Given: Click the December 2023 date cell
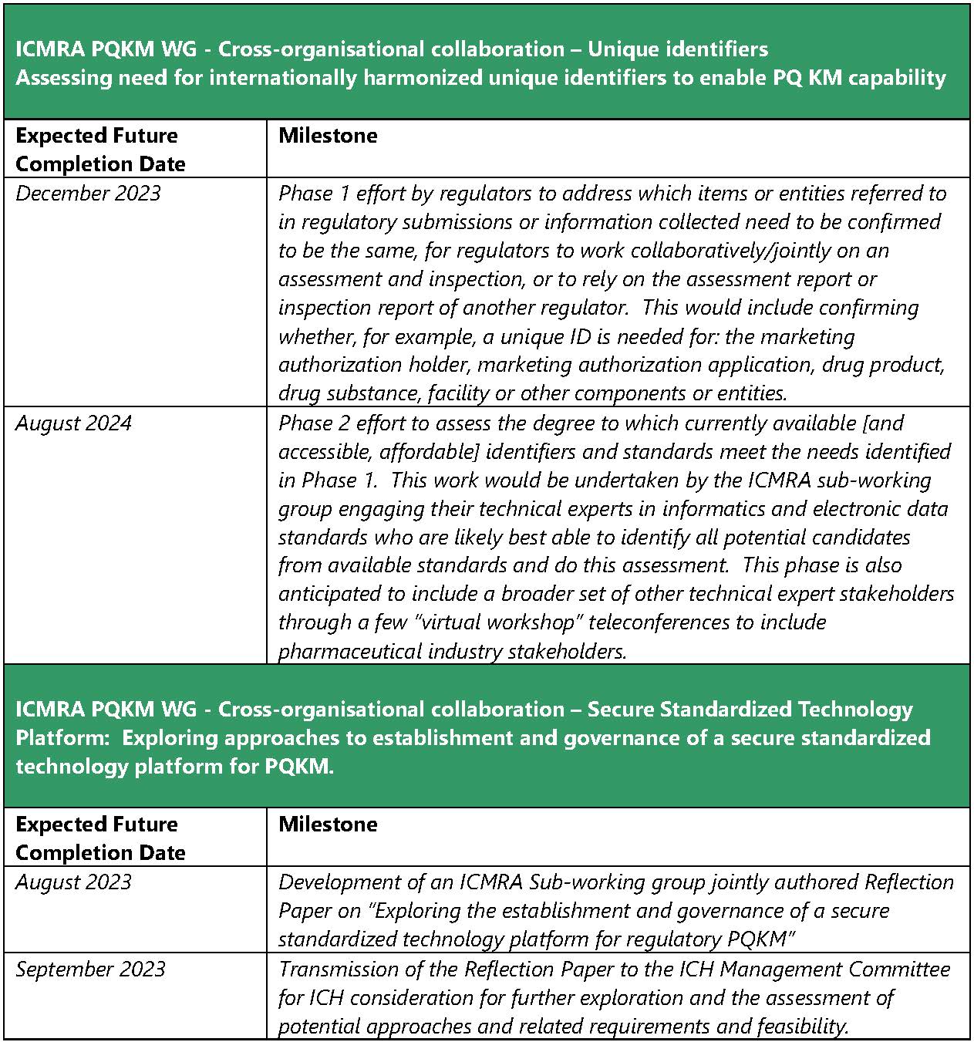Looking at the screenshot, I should pos(88,193).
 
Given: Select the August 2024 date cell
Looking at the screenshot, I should pos(73,423).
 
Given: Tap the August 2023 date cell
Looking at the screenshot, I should pos(73,882).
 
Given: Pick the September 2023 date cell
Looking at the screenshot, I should pos(90,969).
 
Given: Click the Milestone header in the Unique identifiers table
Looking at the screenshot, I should pos(328,136).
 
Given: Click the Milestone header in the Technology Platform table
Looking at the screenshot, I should pos(328,824).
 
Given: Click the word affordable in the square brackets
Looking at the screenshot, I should pos(428,451).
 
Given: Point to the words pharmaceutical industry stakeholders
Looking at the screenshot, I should pos(452,651).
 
